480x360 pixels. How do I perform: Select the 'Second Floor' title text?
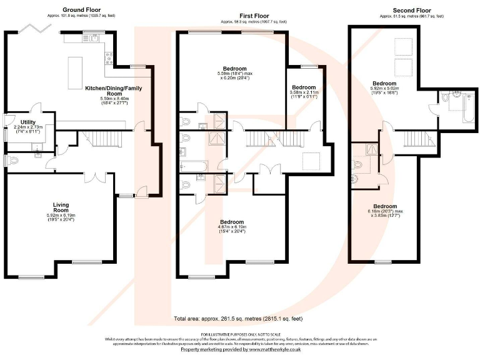411,11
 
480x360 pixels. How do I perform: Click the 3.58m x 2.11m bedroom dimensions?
304,95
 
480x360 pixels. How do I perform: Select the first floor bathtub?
192,166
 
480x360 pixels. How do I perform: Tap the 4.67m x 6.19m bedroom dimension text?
232,229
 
